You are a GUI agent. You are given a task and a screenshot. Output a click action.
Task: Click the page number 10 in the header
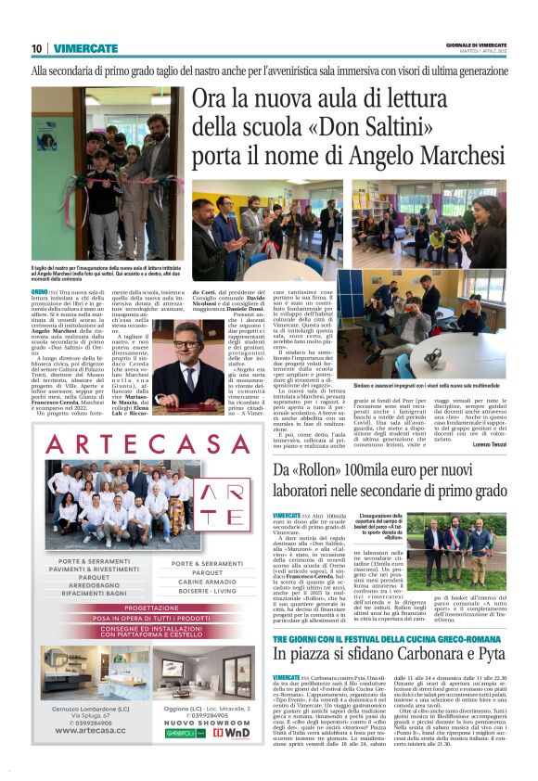coord(37,47)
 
